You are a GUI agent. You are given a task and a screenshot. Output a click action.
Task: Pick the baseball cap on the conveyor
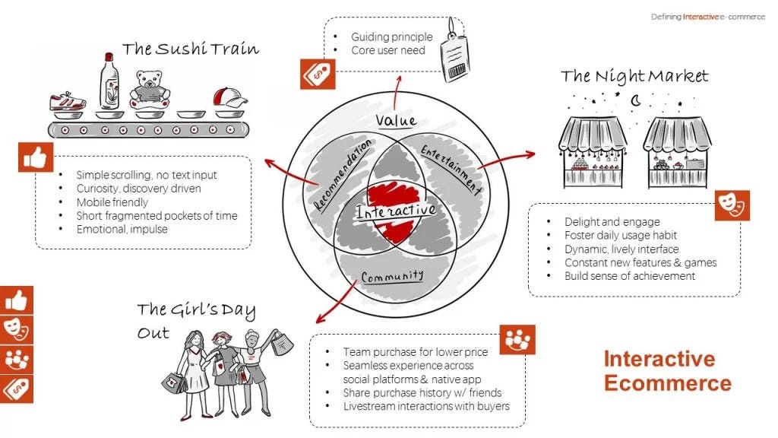229,98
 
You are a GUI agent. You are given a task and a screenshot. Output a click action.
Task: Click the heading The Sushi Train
190,49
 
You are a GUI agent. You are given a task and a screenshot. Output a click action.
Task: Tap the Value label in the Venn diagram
397,120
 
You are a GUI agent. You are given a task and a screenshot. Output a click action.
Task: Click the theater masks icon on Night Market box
732,205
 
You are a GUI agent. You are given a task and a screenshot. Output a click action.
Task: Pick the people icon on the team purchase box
517,340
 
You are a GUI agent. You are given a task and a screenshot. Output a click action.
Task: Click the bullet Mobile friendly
112,202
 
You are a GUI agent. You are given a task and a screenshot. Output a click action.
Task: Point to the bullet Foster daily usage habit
620,235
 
